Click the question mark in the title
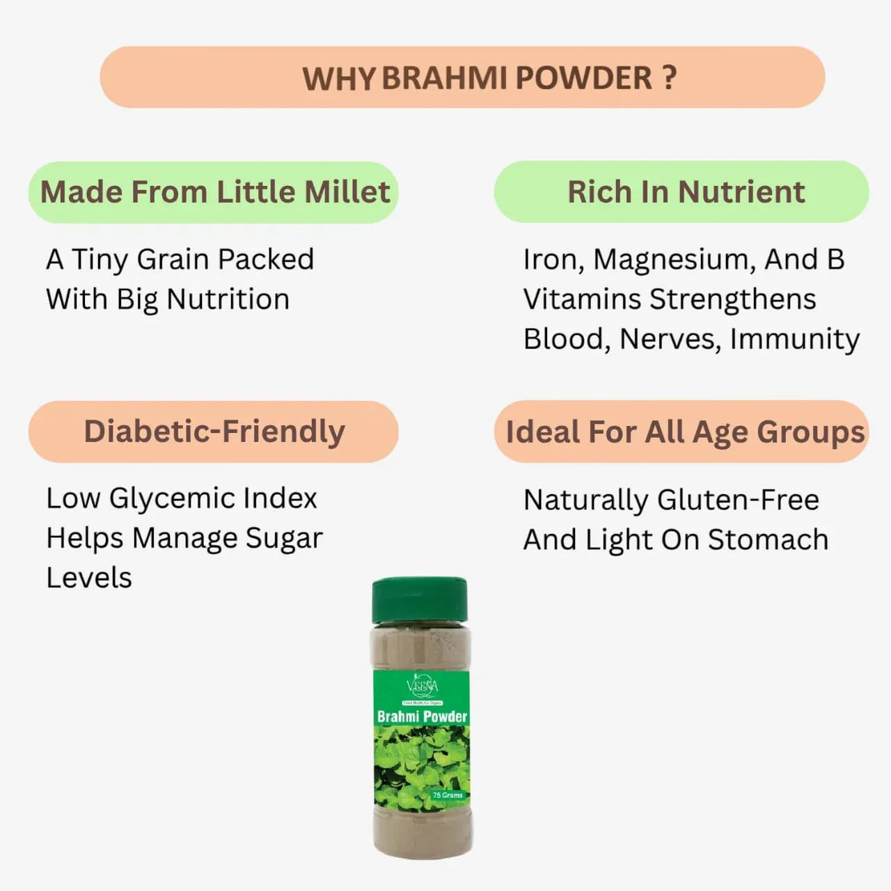(670, 77)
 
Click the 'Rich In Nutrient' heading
(686, 192)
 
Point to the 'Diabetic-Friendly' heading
(214, 432)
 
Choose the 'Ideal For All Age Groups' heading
(685, 432)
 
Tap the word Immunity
(795, 340)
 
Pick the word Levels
(89, 578)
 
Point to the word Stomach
(768, 539)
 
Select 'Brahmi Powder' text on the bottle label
(422, 716)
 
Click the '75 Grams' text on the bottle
(448, 795)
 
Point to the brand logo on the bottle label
(422, 687)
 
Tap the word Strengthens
(732, 299)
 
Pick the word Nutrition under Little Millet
(228, 299)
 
